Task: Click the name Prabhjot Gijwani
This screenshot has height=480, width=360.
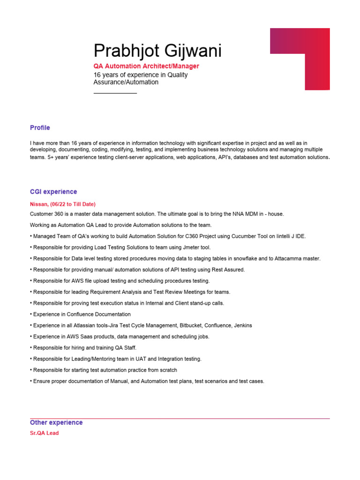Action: [157, 51]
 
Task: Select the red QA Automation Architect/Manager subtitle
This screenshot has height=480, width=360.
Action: [146, 66]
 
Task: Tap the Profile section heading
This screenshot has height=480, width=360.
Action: [40, 127]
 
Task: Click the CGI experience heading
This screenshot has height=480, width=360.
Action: [53, 192]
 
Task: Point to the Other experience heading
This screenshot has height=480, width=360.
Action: [56, 422]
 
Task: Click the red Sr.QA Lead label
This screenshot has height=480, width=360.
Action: [45, 433]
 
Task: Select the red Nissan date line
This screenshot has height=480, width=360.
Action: [63, 204]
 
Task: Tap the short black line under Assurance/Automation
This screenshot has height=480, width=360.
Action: [115, 93]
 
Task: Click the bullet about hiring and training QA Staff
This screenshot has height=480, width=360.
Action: [84, 348]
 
